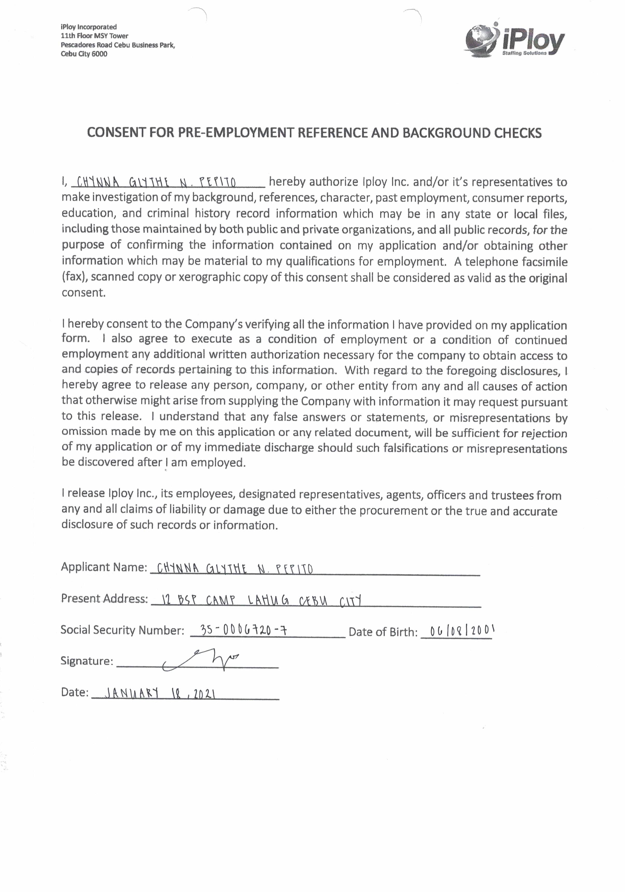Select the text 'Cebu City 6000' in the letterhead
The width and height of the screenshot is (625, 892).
tap(84, 54)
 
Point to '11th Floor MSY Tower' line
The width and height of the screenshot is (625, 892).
tap(94, 36)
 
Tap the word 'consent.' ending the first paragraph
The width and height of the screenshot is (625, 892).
tap(84, 292)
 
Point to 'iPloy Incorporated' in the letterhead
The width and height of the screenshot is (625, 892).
tap(88, 27)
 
